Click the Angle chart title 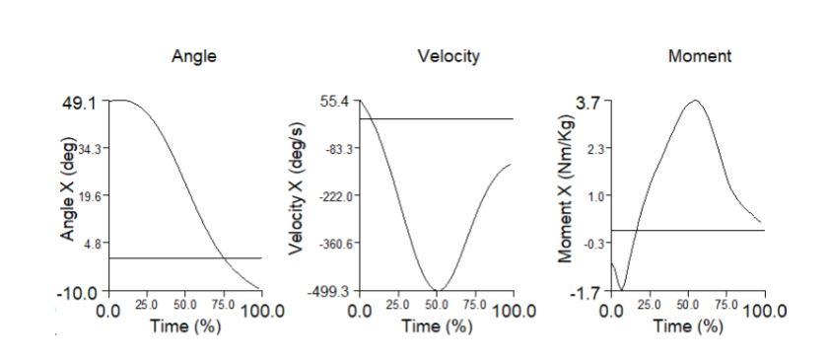(194, 56)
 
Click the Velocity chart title (448, 56)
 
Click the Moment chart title (700, 56)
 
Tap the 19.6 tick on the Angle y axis (91, 195)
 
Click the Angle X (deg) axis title (68, 196)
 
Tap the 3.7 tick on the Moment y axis (588, 102)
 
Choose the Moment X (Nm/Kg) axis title (566, 196)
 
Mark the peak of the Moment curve (696, 101)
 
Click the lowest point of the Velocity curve (438, 290)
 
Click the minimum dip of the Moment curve (621, 290)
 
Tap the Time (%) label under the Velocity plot (437, 326)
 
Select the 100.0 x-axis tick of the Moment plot (764, 311)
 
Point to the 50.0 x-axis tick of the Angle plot (185, 307)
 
